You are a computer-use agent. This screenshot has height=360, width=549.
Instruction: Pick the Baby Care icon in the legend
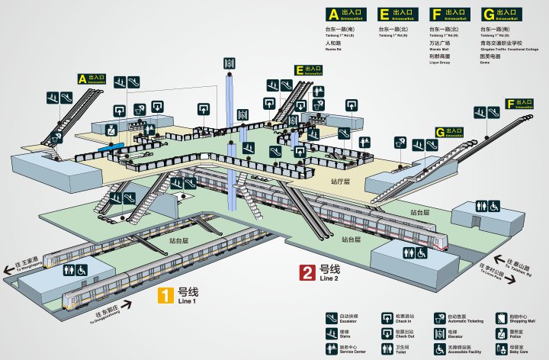coord(501,349)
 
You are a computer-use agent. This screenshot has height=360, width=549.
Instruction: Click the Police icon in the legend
coord(501,333)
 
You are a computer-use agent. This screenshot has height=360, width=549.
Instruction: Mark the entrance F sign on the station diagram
coord(520,104)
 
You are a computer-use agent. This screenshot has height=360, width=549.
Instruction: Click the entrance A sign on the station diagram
coord(92,79)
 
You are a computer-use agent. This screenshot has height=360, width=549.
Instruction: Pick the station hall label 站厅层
coord(340,182)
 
